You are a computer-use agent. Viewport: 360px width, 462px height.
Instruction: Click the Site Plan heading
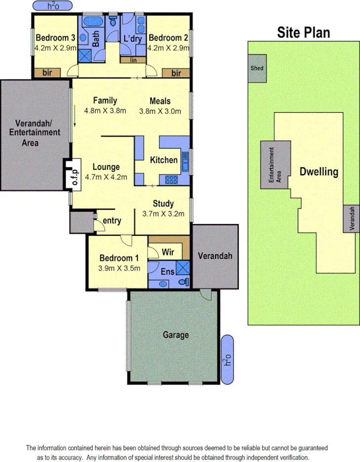303,33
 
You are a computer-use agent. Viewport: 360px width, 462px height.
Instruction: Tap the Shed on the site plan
257,68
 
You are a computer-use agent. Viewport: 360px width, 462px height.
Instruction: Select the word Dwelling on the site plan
319,172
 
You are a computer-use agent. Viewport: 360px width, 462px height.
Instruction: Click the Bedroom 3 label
55,38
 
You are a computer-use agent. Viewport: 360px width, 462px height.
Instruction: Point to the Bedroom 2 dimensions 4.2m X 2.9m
168,48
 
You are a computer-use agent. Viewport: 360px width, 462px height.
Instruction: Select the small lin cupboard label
133,60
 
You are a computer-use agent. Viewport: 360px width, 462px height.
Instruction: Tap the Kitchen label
164,160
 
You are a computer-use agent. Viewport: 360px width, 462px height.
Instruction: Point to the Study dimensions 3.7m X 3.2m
163,214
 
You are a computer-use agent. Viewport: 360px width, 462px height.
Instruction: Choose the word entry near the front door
112,221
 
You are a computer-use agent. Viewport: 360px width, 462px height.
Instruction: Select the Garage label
176,335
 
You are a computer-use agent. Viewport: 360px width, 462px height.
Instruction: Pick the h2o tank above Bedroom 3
53,6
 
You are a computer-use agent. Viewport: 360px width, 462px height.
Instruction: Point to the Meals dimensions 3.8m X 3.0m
160,111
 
